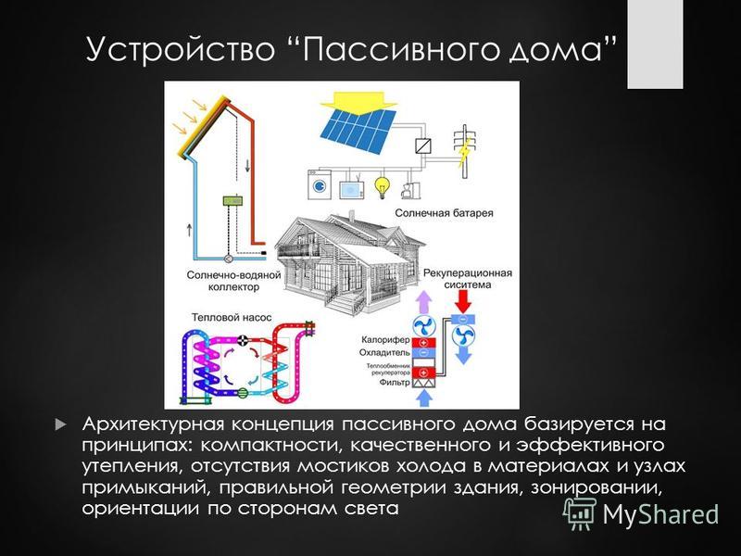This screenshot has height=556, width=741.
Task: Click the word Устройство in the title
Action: (180, 48)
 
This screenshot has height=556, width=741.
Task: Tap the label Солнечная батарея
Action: (444, 213)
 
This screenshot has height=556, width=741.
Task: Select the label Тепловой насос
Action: (232, 318)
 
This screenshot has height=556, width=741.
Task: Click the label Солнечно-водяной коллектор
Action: (234, 281)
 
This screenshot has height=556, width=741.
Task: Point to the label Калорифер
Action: (385, 339)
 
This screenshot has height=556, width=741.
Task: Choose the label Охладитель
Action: (384, 353)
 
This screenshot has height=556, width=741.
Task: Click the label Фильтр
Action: (395, 382)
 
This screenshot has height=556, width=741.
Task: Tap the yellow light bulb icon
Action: (382, 188)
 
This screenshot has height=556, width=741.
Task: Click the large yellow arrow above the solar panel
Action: (358, 102)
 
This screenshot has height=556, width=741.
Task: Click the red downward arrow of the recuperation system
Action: (464, 301)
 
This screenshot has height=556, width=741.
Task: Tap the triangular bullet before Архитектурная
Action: (61, 423)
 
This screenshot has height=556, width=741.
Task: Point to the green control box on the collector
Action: (232, 200)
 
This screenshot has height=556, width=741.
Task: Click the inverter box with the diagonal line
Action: (423, 145)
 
